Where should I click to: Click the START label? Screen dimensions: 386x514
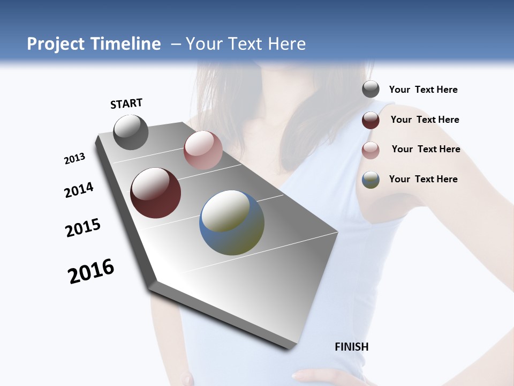(x=126, y=103)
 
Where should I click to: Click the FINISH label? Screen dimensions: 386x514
(x=351, y=347)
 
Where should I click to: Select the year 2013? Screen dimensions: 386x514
(x=74, y=159)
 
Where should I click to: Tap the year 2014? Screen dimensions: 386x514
(x=79, y=190)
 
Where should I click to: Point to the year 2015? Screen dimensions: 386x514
(x=83, y=228)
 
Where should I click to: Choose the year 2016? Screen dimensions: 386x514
(x=91, y=271)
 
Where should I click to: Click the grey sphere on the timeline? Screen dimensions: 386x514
(x=131, y=132)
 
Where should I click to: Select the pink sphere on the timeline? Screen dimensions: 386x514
(x=203, y=150)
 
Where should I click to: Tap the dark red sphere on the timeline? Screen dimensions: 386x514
(x=155, y=193)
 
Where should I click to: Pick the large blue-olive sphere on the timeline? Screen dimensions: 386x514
(x=231, y=222)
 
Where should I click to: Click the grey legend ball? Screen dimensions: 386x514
(x=371, y=90)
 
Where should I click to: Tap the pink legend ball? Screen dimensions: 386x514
(x=371, y=150)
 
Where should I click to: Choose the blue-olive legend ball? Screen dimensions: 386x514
(x=371, y=180)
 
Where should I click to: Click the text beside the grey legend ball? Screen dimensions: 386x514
(x=423, y=90)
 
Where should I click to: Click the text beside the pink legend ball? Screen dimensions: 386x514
(x=426, y=149)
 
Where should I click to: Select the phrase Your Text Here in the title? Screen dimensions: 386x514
(x=245, y=44)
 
